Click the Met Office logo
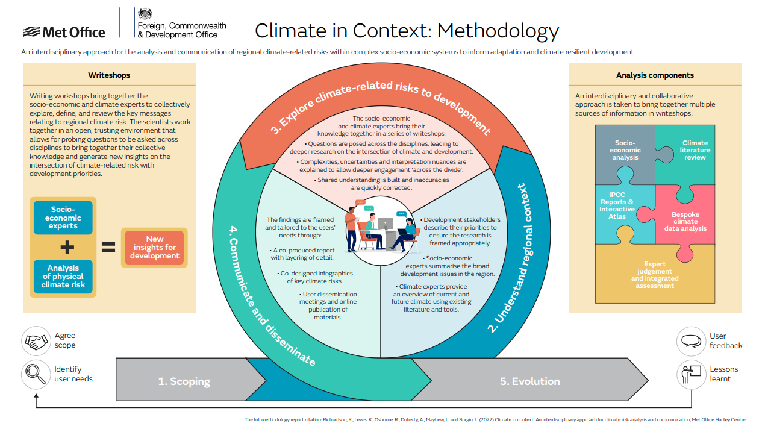click(x=64, y=32)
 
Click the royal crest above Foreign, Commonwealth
click(x=145, y=14)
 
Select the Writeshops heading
click(x=109, y=75)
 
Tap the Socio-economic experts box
click(x=63, y=218)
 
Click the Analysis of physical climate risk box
click(x=63, y=277)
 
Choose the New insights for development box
click(x=155, y=247)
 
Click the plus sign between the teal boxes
click(x=67, y=247)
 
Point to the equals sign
click(x=108, y=247)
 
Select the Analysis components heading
click(x=655, y=75)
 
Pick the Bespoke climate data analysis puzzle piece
click(x=685, y=221)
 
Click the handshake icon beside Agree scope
click(x=36, y=341)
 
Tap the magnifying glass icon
click(x=36, y=374)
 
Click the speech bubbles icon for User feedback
click(x=691, y=341)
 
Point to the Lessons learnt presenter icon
click(x=691, y=374)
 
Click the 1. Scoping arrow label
click(x=184, y=381)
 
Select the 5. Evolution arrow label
click(x=529, y=381)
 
